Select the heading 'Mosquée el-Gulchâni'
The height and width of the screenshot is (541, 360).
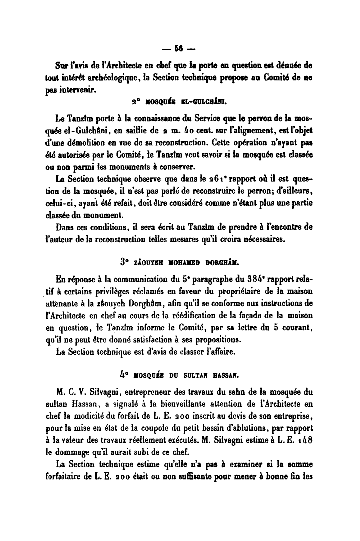click(179, 104)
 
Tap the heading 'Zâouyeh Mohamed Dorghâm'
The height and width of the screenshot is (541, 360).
click(179, 261)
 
